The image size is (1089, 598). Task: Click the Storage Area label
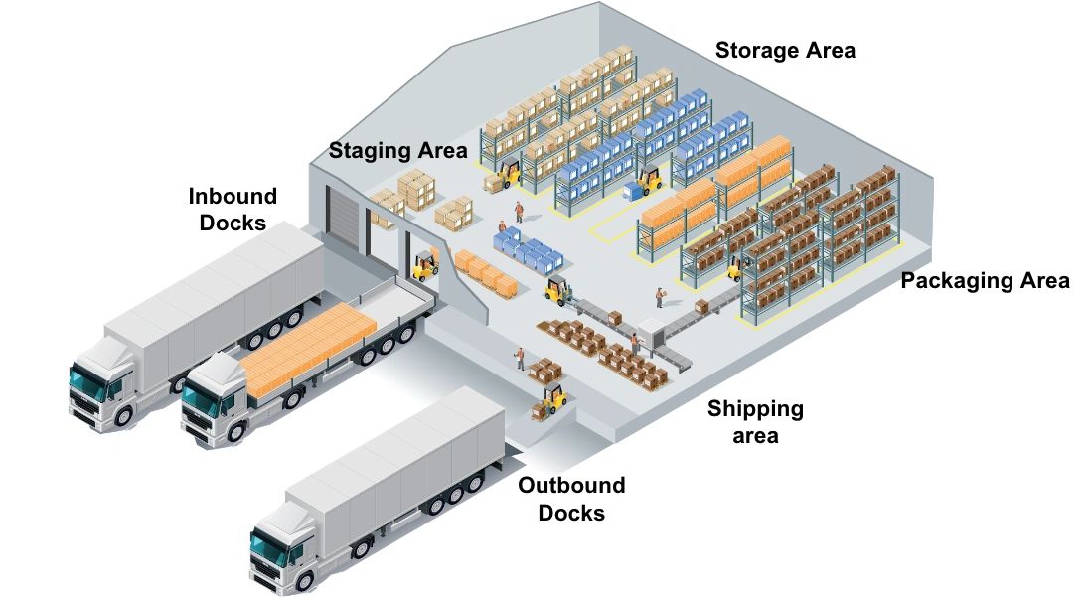(785, 50)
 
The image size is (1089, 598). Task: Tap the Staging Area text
(397, 151)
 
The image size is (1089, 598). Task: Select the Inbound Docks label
(233, 209)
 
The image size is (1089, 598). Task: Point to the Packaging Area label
(985, 281)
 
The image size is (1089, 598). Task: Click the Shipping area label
(755, 421)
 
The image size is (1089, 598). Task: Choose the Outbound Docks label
(571, 499)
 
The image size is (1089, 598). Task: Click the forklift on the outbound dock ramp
(552, 398)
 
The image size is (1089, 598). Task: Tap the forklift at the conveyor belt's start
(556, 290)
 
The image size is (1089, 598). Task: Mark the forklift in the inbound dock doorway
(426, 265)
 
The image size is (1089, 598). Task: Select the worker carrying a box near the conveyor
(659, 297)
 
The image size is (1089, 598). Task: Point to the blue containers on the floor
(528, 249)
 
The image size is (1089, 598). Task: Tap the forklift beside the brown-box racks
(736, 266)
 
